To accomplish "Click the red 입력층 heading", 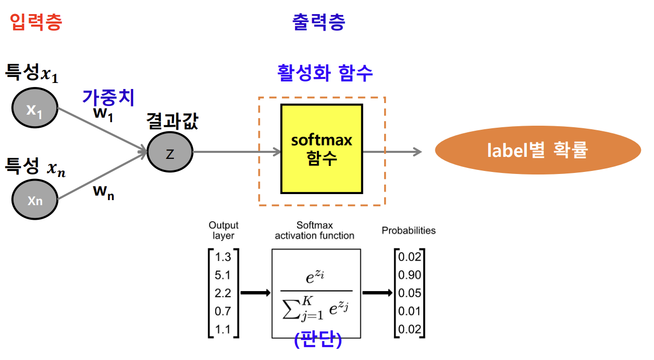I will (36, 23).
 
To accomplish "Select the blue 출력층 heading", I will (319, 23).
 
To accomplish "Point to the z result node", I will (170, 152).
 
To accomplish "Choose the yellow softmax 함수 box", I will (322, 149).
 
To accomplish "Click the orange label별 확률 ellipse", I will (537, 150).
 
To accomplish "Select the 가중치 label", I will (109, 97).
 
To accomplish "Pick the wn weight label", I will (104, 192).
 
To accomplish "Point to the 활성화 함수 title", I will (325, 73).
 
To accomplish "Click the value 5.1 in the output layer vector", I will (223, 275).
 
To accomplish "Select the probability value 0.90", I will (410, 275).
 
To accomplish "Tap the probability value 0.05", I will (410, 293).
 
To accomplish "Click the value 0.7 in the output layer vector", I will (223, 311).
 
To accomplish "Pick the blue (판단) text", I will (318, 340).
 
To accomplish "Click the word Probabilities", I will (409, 231).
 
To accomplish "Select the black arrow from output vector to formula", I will (255, 293).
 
